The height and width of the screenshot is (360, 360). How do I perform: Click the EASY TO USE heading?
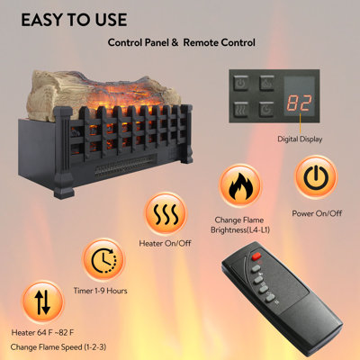74,20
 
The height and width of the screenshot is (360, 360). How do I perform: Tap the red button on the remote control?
256,256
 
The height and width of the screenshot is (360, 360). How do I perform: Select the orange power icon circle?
316,177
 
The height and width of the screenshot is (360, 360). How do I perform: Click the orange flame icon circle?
240,185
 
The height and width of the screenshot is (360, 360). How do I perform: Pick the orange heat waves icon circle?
166,214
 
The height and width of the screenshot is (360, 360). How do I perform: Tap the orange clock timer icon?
103,260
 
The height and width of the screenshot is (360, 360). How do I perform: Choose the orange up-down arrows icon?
42,302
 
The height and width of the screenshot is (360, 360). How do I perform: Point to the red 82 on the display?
299,103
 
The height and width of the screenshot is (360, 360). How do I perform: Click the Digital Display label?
300,139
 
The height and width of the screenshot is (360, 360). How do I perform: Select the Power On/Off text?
317,213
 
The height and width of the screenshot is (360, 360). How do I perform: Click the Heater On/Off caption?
165,243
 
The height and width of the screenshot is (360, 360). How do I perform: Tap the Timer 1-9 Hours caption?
101,291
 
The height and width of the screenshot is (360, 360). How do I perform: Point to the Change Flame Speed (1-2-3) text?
58,347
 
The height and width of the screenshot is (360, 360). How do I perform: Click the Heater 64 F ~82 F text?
42,332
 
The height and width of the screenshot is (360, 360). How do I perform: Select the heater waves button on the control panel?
241,109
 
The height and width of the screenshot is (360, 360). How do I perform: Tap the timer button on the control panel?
266,109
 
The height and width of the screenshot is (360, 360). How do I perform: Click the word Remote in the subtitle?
202,42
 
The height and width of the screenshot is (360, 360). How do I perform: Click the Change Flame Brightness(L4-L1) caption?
240,225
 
